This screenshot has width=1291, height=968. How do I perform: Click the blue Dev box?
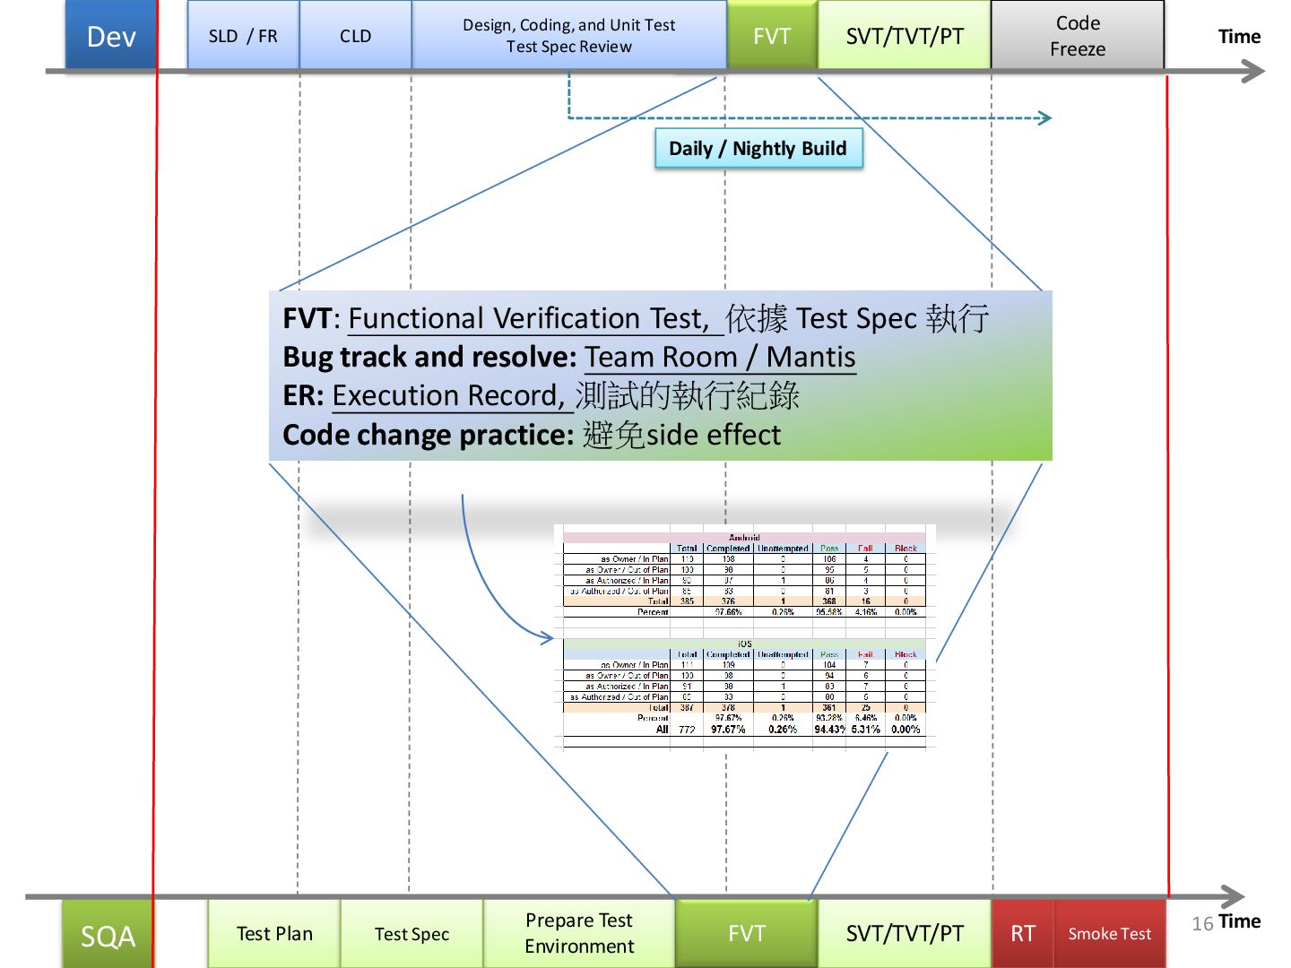[111, 36]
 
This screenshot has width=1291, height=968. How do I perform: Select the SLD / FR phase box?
[243, 36]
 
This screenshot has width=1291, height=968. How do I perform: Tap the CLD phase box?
[355, 36]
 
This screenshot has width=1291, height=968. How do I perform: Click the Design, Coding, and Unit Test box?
[568, 36]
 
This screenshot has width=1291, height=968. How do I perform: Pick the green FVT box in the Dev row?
[772, 36]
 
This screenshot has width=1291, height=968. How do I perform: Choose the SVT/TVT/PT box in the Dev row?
[905, 36]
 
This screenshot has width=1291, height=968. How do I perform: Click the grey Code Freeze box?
[1078, 36]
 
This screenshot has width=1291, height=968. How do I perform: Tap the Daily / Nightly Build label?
[758, 149]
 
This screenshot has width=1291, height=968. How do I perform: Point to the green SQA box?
[108, 936]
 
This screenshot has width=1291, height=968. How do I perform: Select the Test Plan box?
[274, 934]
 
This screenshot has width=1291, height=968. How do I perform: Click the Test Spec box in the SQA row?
[412, 934]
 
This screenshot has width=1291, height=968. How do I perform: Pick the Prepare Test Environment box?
[579, 933]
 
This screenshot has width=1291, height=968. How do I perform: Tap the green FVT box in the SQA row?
[747, 934]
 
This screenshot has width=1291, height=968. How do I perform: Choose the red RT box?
[1023, 934]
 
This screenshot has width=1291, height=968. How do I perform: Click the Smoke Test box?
[1110, 934]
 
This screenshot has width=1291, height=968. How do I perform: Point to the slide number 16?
[1202, 923]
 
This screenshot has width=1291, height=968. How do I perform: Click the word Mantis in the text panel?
[811, 357]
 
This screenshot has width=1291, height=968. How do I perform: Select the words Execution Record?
[445, 395]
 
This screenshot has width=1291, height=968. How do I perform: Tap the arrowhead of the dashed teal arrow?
[1045, 117]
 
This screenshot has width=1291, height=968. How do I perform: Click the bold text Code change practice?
[428, 435]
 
